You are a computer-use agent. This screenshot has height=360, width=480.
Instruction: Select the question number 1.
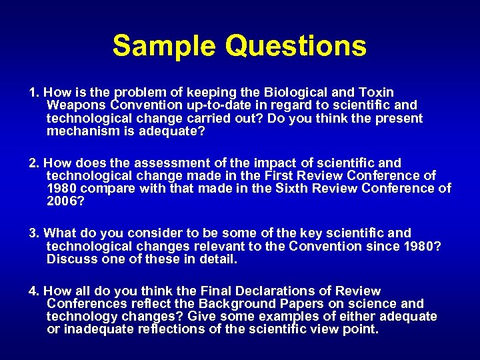(33, 92)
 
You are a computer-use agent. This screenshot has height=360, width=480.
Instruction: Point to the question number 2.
(33, 163)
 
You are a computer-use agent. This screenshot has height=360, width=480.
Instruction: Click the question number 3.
(33, 233)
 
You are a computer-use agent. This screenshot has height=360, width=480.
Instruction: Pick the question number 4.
(33, 291)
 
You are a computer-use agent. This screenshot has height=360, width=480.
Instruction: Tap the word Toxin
(376, 92)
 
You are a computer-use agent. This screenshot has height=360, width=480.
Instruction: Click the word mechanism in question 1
(79, 132)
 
